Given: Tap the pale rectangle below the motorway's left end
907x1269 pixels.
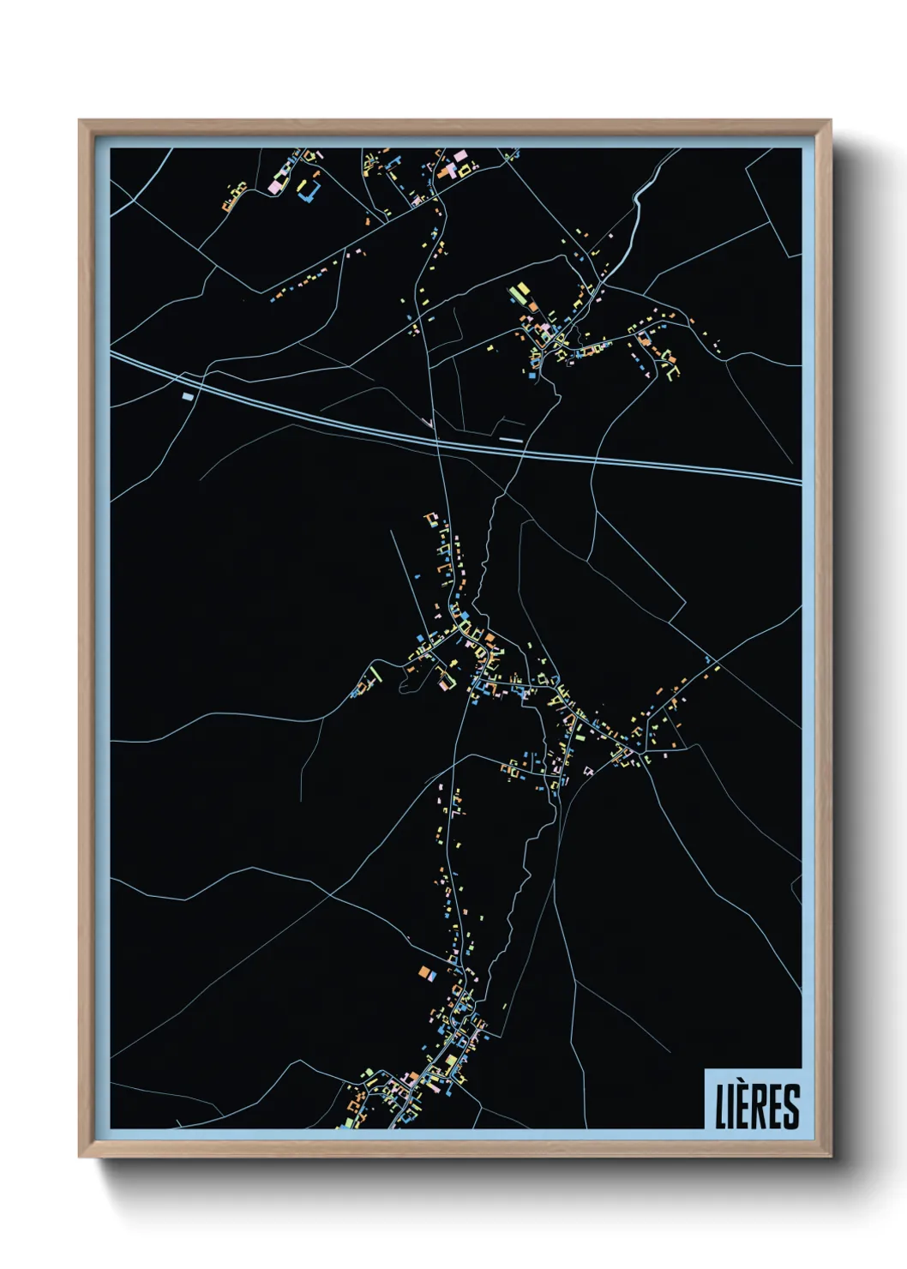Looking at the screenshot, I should [188, 396].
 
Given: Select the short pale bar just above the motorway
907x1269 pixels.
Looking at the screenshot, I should [511, 439].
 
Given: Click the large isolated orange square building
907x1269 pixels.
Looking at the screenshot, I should [423, 971].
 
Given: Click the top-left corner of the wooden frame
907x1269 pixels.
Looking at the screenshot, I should [81, 122].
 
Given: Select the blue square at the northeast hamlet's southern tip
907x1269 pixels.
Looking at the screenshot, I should [532, 376].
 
